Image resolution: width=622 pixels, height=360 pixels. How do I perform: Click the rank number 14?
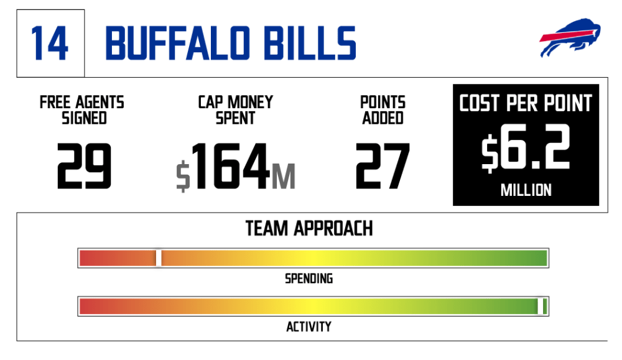coord(50,44)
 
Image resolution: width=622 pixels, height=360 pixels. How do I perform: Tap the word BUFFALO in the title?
coord(178,44)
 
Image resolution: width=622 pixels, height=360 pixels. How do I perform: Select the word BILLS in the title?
coord(310,44)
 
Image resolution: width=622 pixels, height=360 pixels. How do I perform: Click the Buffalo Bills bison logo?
coord(570,38)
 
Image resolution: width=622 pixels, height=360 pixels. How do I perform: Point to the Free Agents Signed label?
coord(82,110)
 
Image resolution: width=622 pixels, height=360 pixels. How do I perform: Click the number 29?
coord(84,166)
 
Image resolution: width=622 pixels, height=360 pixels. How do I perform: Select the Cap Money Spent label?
coord(236,110)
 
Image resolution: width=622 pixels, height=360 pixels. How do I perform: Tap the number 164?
coord(231,166)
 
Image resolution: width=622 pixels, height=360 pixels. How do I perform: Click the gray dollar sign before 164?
coord(183,176)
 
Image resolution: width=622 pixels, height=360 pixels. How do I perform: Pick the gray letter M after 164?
coord(283,177)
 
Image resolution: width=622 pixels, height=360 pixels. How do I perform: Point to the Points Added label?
coord(383,110)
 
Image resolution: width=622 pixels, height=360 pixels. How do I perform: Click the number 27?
coord(383,166)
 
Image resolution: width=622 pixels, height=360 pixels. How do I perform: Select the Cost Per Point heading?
coord(526,103)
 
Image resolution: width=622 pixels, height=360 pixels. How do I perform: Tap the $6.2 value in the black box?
coord(526,147)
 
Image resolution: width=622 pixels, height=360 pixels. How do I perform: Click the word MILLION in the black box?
coord(526,190)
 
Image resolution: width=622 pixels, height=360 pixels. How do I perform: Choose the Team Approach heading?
coord(309,228)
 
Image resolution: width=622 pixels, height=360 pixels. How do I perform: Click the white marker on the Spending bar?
coord(159,258)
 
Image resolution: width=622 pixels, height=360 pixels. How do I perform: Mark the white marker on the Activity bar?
coord(541,307)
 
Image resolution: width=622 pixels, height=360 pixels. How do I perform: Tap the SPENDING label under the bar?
coord(309,279)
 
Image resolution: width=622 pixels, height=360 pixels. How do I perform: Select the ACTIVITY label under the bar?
coord(309,326)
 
